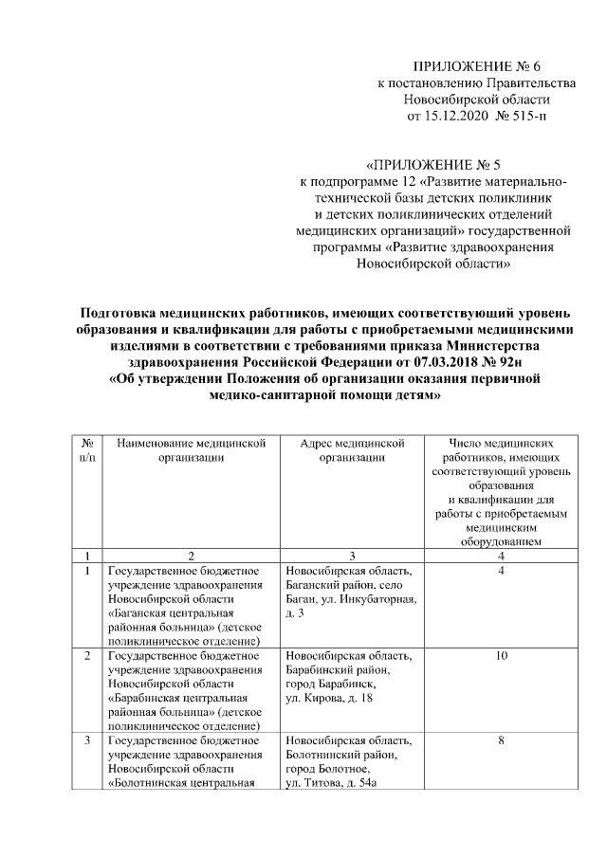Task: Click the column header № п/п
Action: coord(87,450)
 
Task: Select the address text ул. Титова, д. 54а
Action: coord(336,782)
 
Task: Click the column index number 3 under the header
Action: coord(352,556)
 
